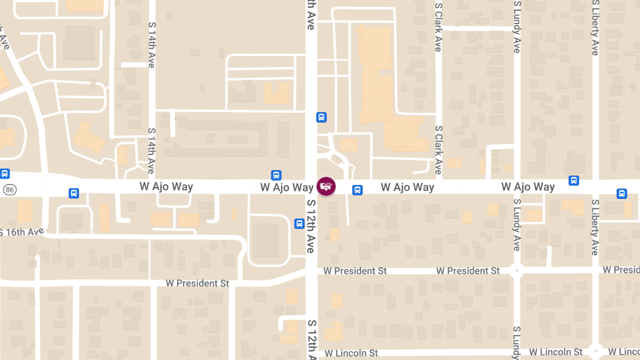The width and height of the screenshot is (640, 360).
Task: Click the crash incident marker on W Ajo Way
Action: click(x=326, y=186)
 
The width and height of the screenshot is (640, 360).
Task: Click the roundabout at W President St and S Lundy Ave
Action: click(x=516, y=270)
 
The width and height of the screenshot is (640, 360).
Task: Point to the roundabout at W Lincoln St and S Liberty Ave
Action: click(x=595, y=351)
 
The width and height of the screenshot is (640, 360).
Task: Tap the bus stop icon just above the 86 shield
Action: click(x=5, y=173)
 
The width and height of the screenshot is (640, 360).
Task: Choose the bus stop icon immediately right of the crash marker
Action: click(x=357, y=189)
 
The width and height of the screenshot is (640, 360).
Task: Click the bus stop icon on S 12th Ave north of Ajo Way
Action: click(x=321, y=117)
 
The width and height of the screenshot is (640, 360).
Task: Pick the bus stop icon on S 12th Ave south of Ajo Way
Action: click(x=299, y=223)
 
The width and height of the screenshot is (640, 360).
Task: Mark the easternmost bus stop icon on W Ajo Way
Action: click(x=622, y=194)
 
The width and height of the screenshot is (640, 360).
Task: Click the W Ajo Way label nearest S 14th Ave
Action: click(x=166, y=187)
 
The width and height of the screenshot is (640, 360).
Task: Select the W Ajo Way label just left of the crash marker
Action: click(x=287, y=187)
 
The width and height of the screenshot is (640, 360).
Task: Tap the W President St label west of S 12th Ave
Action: click(x=197, y=283)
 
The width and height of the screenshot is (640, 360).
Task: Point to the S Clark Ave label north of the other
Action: click(x=438, y=27)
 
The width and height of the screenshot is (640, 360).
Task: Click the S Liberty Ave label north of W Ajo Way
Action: click(x=595, y=28)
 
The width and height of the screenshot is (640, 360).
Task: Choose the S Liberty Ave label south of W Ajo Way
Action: click(x=595, y=227)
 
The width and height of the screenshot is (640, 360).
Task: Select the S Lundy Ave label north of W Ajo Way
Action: click(x=517, y=27)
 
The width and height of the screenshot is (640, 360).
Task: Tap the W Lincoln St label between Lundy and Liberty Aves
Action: click(x=556, y=352)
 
